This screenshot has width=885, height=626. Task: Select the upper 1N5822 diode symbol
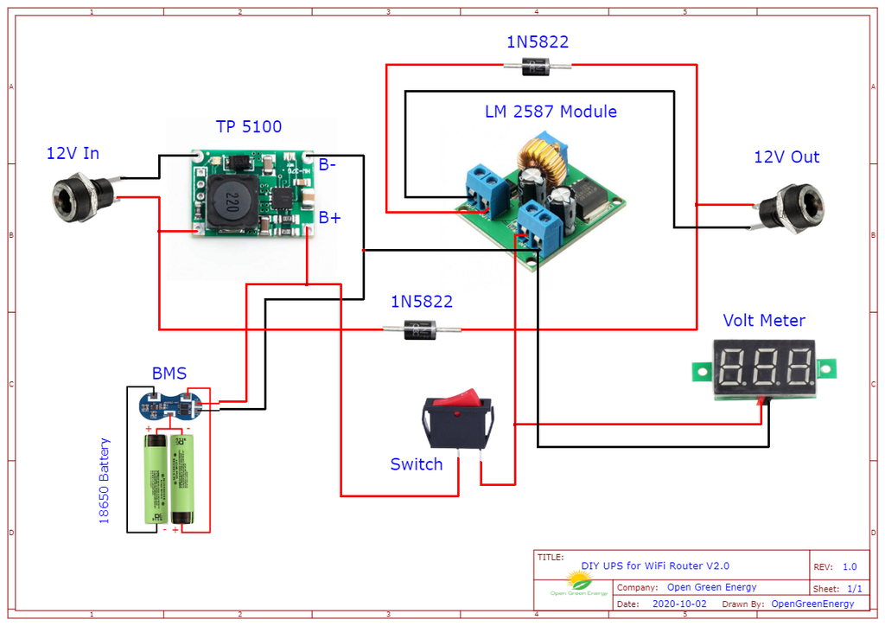[x=538, y=65]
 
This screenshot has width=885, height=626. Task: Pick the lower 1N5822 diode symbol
[x=422, y=329]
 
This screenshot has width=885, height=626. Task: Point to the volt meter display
[x=765, y=367]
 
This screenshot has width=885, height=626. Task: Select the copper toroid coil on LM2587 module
[x=539, y=156]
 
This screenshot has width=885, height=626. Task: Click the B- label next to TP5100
[x=328, y=165]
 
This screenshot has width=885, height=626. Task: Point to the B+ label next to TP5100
[x=329, y=218]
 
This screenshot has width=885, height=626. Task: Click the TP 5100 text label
[x=248, y=127]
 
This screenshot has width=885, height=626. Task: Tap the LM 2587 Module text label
[x=551, y=112]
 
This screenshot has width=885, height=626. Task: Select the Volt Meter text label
[x=764, y=321]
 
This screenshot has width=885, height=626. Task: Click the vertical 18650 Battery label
[x=105, y=481]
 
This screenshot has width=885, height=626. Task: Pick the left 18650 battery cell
[x=157, y=480]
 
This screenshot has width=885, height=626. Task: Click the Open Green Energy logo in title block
[x=575, y=584]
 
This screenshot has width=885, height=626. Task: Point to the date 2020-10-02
[x=678, y=604]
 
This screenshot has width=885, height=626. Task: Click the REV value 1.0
[x=850, y=567]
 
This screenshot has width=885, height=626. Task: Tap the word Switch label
[x=416, y=464]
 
